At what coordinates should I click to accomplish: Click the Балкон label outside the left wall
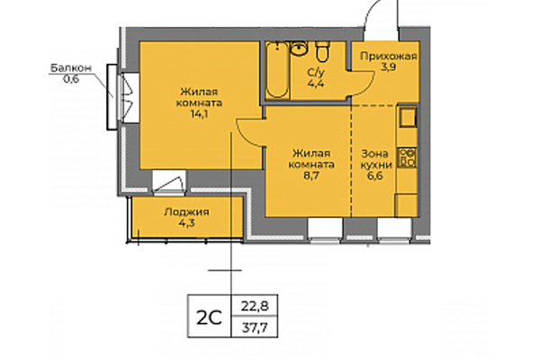[x=69, y=67]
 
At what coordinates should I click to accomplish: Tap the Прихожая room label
[x=388, y=56]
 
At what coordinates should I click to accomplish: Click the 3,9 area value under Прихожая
[x=388, y=67]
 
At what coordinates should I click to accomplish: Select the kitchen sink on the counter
[x=407, y=118]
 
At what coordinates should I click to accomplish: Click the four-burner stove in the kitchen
[x=407, y=159]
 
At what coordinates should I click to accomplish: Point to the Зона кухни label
[x=376, y=160]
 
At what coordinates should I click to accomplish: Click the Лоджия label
[x=187, y=212]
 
